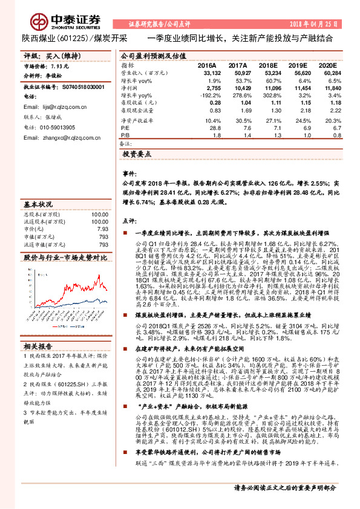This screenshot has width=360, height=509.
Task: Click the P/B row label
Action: click(x=125, y=136)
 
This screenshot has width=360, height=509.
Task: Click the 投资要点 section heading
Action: click(x=139, y=155)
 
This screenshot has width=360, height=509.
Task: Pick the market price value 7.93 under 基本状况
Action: click(x=102, y=230)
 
